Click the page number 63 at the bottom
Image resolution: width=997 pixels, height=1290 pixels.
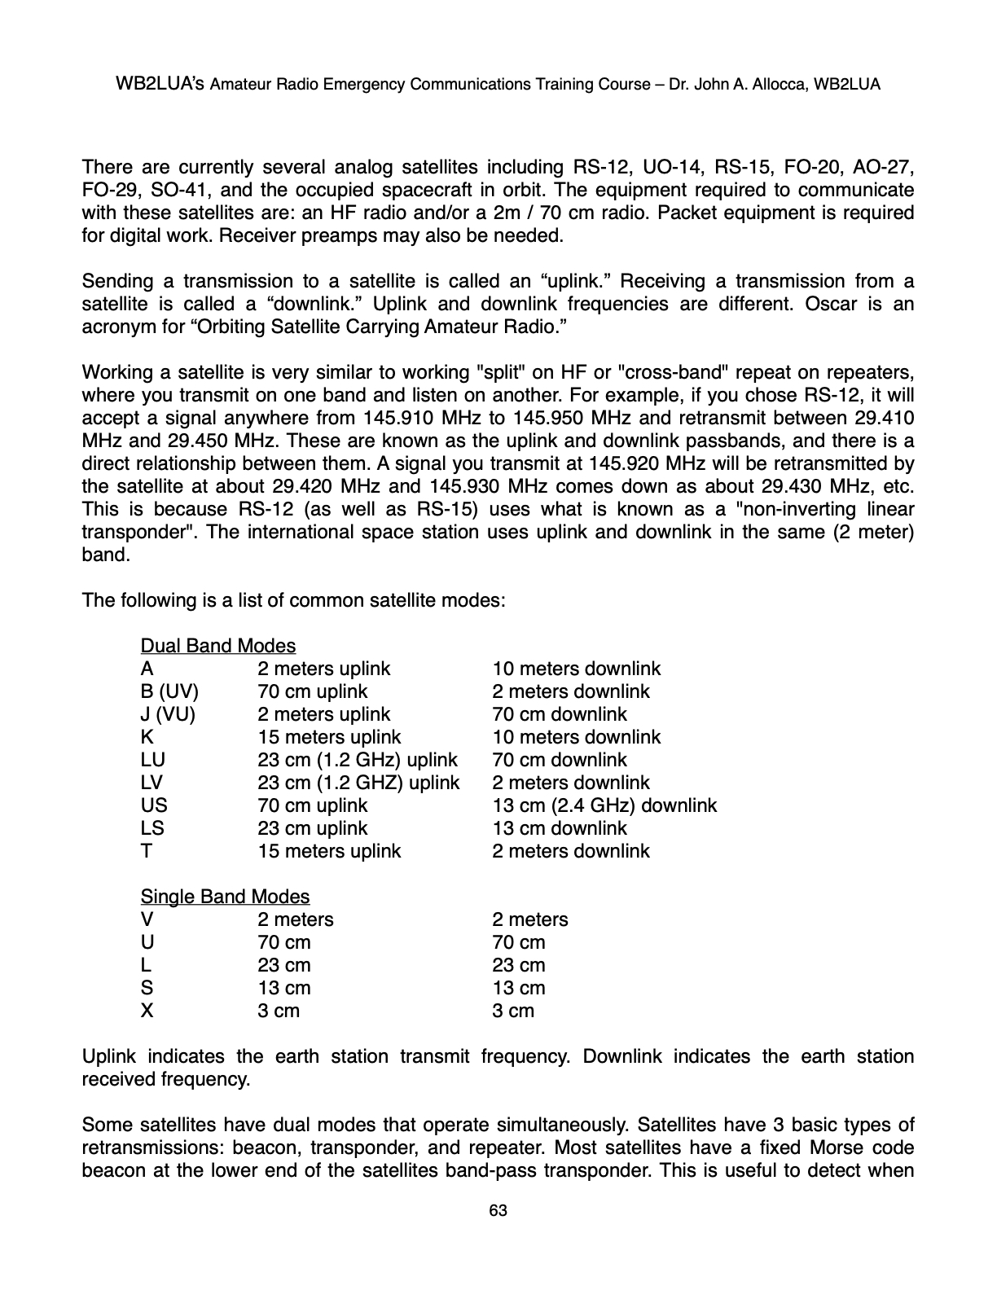(x=498, y=1211)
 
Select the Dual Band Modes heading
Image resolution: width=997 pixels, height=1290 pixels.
(x=217, y=646)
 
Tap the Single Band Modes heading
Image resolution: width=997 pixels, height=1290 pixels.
(x=225, y=897)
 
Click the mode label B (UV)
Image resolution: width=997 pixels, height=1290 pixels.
(x=169, y=691)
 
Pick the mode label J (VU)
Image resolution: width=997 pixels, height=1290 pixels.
(x=168, y=714)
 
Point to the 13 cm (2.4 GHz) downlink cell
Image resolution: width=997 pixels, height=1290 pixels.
(x=604, y=805)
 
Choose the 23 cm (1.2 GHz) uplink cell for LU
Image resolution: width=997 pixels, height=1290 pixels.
(x=357, y=760)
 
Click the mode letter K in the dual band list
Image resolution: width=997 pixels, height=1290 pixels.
(x=147, y=737)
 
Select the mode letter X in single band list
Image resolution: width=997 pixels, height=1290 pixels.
(x=147, y=1011)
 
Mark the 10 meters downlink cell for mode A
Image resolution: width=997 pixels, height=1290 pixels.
(x=576, y=669)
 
